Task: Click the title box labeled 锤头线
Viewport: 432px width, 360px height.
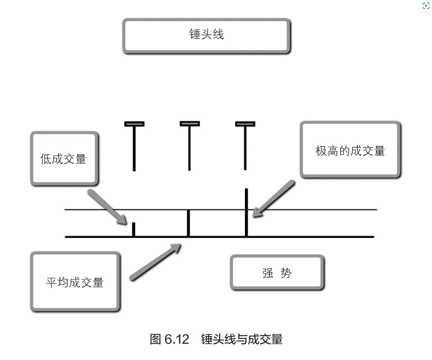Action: (x=206, y=35)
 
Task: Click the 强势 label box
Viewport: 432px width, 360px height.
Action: (x=277, y=272)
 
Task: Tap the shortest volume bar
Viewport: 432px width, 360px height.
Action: (x=133, y=229)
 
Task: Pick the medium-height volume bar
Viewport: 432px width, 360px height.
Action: (x=188, y=223)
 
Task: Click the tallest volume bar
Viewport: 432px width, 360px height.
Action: (x=246, y=212)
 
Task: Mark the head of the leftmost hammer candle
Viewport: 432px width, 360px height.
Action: (x=134, y=124)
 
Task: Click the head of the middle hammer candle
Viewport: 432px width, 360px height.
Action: (x=190, y=123)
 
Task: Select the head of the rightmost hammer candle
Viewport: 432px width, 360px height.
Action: (x=245, y=124)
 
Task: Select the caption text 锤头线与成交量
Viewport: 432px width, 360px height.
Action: (x=242, y=339)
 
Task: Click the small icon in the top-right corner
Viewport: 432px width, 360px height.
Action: (x=425, y=6)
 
